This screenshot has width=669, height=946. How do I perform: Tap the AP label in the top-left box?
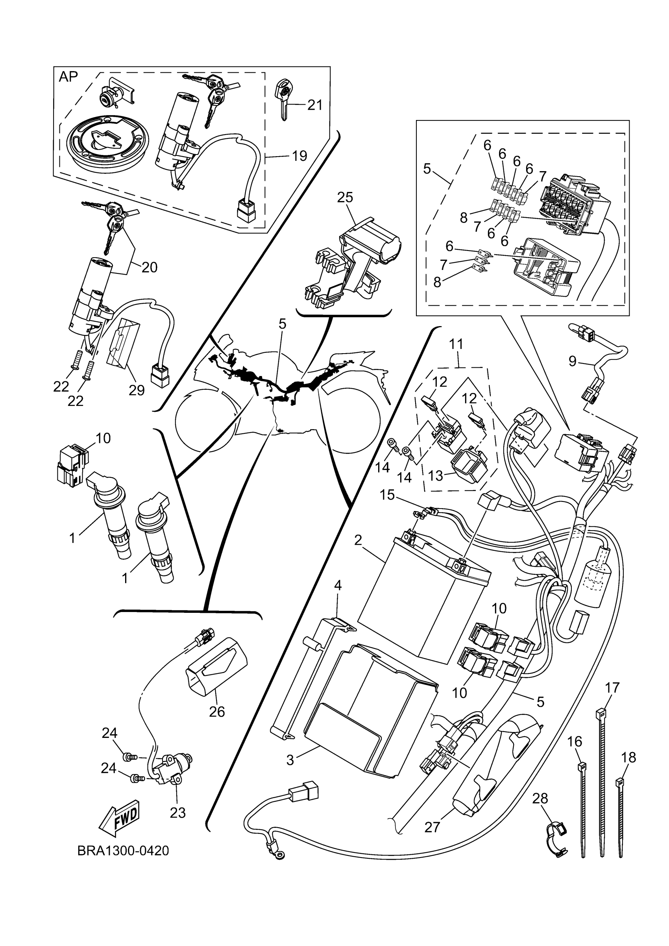(68, 77)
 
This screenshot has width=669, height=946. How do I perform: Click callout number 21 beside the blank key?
(315, 105)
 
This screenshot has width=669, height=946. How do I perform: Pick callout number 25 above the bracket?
(345, 197)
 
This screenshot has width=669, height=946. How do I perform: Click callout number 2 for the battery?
(358, 540)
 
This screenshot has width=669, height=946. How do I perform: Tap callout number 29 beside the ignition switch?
(137, 390)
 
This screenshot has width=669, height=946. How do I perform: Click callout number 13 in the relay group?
(435, 476)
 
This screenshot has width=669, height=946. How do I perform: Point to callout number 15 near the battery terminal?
(387, 495)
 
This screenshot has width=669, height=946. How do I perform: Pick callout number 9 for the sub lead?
(573, 361)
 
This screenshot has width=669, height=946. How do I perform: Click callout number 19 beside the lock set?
(299, 156)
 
